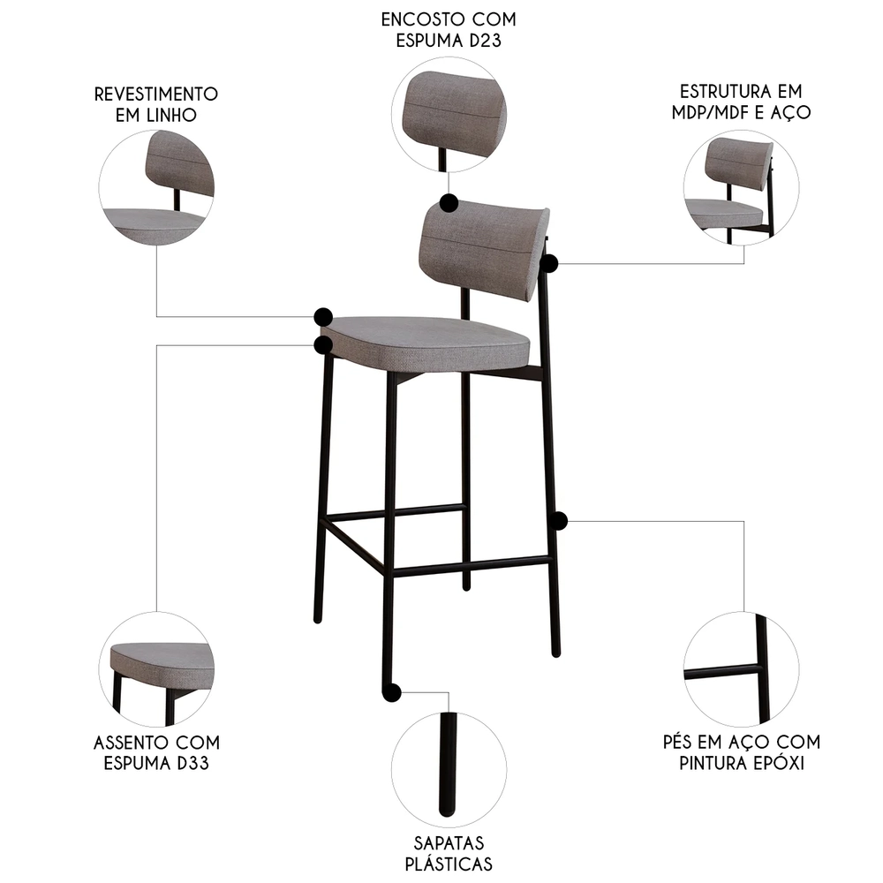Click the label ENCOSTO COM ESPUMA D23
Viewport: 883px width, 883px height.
click(449, 30)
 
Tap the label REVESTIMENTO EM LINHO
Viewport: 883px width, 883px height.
click(157, 104)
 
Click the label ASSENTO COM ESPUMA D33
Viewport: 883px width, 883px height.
click(157, 752)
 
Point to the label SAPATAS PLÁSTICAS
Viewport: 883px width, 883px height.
click(449, 853)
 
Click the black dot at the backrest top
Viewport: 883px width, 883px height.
click(448, 203)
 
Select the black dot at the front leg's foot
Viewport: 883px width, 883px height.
click(391, 692)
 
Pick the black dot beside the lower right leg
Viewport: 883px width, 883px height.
click(557, 520)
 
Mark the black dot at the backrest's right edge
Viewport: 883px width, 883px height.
click(549, 263)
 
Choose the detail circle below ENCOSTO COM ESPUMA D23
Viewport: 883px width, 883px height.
click(449, 113)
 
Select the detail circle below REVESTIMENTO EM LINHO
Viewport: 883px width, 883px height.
click(156, 187)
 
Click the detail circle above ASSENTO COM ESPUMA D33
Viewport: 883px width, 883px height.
click(156, 669)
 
